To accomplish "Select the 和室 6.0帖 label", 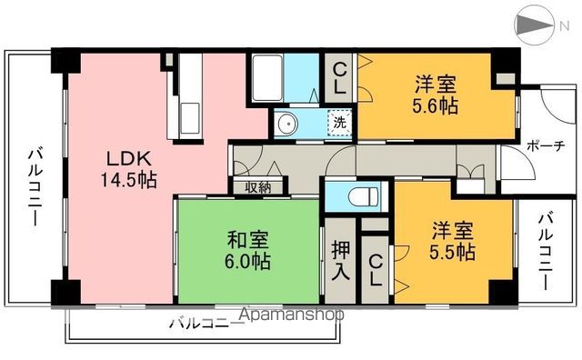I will pyautogui.click(x=247, y=251).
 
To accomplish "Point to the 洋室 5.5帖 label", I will pyautogui.click(x=452, y=240).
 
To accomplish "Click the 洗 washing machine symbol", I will pyautogui.click(x=338, y=120).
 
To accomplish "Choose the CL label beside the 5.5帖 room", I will pyautogui.click(x=375, y=271).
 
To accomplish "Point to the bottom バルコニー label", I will pyautogui.click(x=202, y=322).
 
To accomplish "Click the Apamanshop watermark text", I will pyautogui.click(x=291, y=315).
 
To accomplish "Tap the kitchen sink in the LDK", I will pyautogui.click(x=192, y=117).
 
